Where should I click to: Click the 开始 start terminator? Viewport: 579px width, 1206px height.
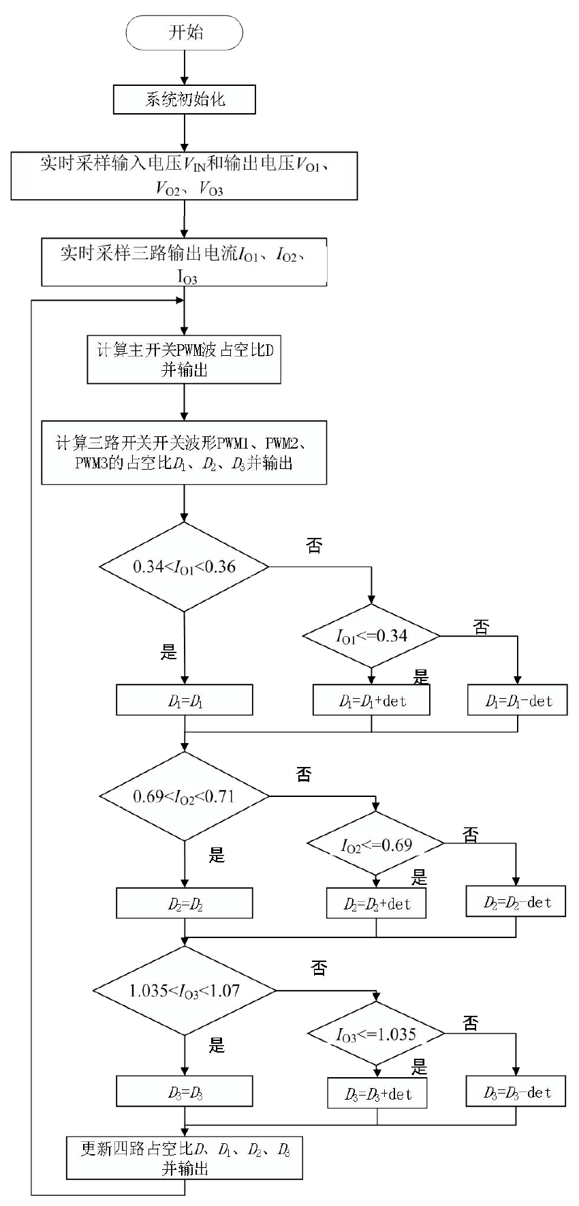185,33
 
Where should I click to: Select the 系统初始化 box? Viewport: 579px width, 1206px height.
185,100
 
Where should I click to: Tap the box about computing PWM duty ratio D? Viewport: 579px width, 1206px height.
184,359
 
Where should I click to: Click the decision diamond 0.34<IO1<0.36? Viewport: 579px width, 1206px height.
184,567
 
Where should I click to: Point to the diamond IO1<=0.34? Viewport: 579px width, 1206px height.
371,636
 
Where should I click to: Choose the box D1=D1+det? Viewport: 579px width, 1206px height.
371,701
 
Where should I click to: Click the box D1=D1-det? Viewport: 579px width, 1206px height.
517,701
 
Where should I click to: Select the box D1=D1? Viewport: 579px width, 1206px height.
185,701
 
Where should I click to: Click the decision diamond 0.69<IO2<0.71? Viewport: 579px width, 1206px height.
184,796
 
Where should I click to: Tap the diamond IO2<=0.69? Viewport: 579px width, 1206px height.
376,845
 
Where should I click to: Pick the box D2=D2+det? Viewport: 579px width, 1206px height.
377,904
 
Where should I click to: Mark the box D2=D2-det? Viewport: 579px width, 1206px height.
516,902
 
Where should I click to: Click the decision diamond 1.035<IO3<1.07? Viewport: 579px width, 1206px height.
184,991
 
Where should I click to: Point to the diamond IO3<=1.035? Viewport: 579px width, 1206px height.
376,1034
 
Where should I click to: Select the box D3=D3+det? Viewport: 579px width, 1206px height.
377,1094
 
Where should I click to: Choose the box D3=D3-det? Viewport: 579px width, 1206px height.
516,1092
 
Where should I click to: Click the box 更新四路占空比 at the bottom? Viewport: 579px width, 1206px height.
185,1158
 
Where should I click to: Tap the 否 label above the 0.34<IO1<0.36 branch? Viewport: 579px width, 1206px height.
314,545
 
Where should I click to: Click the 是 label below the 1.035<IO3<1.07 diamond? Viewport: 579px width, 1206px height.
216,1045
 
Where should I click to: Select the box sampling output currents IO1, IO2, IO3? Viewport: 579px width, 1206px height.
184,262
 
